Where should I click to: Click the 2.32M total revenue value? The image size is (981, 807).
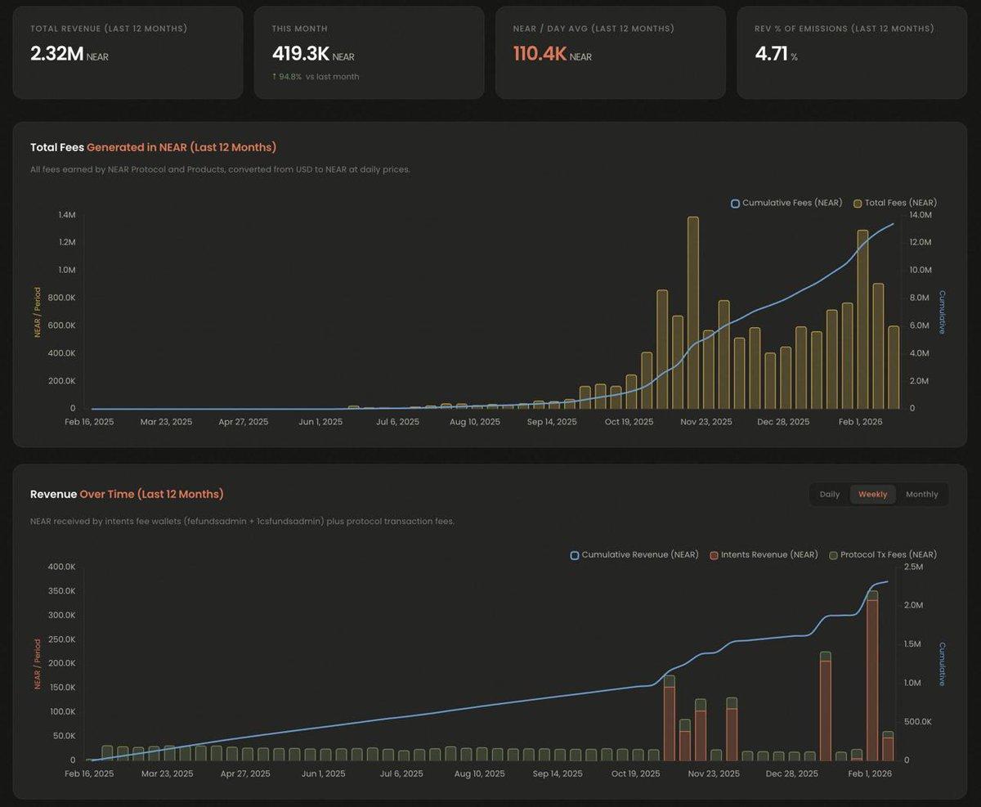point(56,54)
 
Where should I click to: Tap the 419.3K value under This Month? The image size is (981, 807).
point(301,54)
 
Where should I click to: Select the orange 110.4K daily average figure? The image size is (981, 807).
point(540,54)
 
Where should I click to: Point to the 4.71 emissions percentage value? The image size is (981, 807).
point(771,54)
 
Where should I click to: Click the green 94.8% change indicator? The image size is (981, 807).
point(287,77)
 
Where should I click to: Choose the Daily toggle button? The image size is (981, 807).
point(829,495)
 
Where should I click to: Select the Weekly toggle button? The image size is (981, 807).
point(872,495)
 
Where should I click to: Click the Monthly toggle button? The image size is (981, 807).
point(921,495)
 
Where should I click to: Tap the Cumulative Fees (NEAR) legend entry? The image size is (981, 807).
point(786,203)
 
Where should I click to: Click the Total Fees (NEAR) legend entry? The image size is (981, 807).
point(895,203)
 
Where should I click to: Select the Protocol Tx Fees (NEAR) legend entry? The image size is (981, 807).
point(883,554)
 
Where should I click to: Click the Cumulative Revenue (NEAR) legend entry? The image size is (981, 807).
point(634,554)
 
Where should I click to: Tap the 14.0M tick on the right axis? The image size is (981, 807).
point(921,215)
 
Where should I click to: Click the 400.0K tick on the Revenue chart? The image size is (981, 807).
point(60,567)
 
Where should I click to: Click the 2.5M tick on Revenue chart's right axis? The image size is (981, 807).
point(914,567)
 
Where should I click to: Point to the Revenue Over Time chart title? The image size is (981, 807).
point(127,495)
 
